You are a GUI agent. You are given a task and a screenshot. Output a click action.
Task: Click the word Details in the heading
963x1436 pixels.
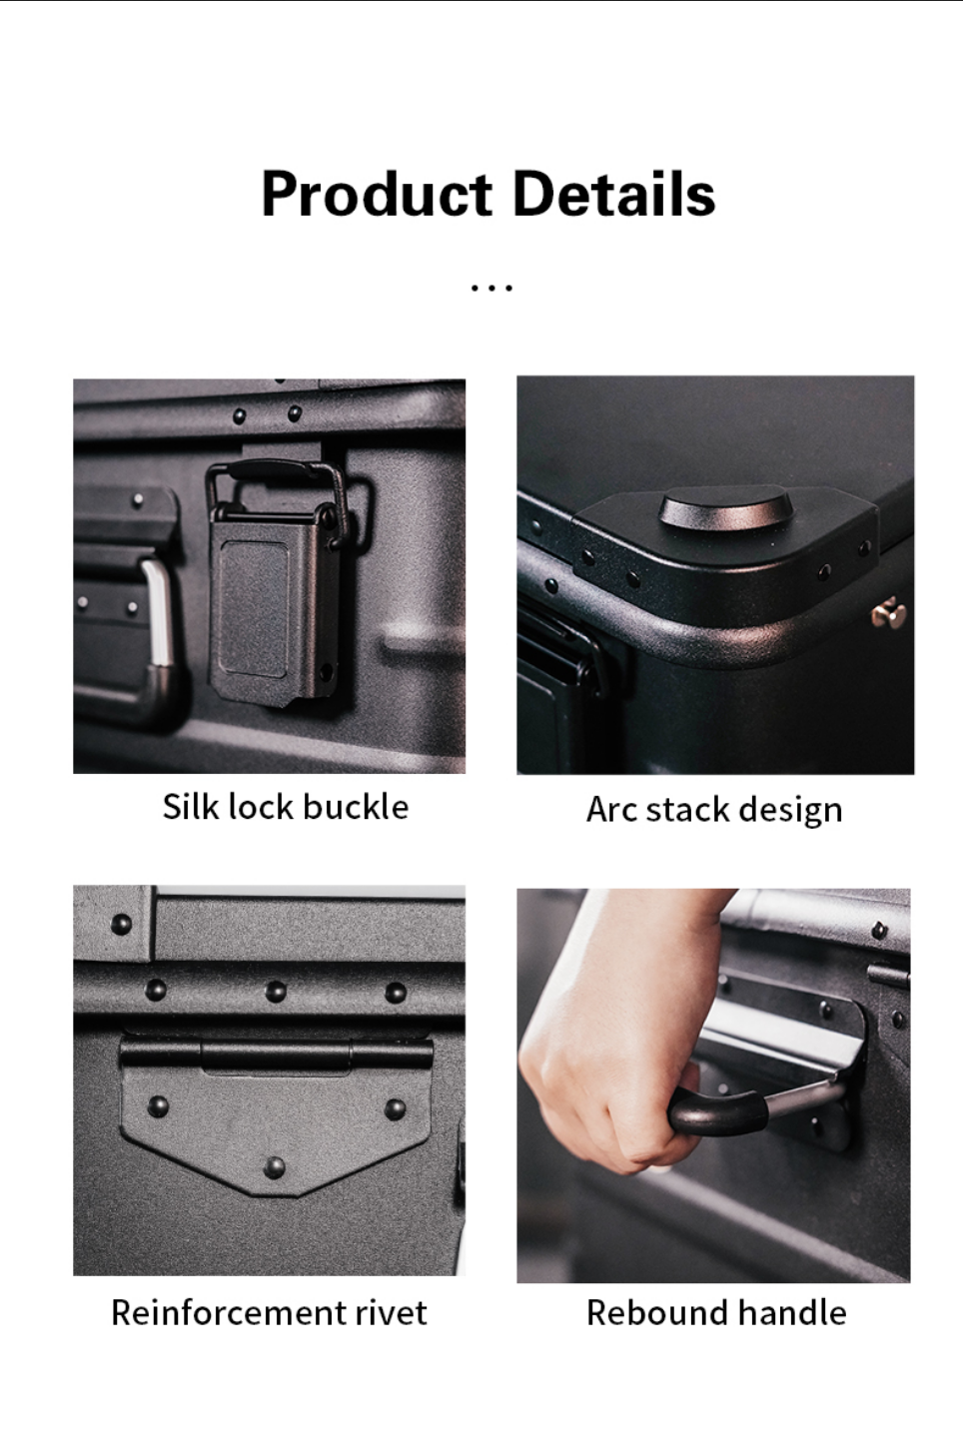(614, 193)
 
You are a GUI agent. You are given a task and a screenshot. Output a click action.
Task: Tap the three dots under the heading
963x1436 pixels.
(491, 288)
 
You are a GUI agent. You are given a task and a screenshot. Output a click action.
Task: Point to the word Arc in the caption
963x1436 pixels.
(611, 809)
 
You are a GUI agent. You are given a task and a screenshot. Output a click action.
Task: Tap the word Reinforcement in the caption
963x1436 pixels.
(228, 1312)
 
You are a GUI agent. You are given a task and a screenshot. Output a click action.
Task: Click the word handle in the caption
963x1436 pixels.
(792, 1312)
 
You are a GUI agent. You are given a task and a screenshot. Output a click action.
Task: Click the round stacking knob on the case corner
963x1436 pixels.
(726, 508)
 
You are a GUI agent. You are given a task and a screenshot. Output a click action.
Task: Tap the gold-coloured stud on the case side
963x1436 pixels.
(889, 613)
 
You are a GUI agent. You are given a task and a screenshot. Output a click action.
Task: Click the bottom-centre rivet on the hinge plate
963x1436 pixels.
(275, 1166)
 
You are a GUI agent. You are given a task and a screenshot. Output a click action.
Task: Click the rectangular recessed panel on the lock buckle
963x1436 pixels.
(254, 608)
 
